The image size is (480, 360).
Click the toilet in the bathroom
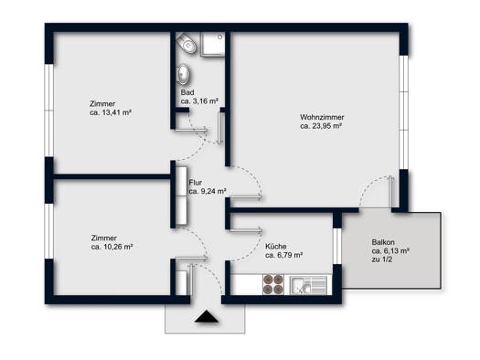(186, 43)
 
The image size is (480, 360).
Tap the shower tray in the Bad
(212, 44)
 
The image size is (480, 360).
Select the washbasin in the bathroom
(184, 74)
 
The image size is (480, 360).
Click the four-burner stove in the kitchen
(273, 284)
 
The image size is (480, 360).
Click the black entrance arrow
(207, 316)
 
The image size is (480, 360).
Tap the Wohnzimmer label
(322, 117)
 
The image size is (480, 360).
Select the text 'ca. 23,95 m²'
(321, 126)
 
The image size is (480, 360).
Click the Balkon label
(383, 242)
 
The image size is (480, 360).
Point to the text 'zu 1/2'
(382, 259)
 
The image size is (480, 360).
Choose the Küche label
(276, 246)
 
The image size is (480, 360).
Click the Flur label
(196, 183)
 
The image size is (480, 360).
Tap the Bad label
(187, 92)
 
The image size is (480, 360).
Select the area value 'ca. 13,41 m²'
(111, 112)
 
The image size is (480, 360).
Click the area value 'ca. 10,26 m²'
(112, 247)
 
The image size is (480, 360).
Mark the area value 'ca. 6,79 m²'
(284, 255)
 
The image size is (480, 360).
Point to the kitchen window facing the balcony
(337, 246)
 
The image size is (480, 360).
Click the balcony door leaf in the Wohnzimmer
(391, 192)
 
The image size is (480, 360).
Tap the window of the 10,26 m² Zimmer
(49, 231)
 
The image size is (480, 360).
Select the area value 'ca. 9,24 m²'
(208, 192)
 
